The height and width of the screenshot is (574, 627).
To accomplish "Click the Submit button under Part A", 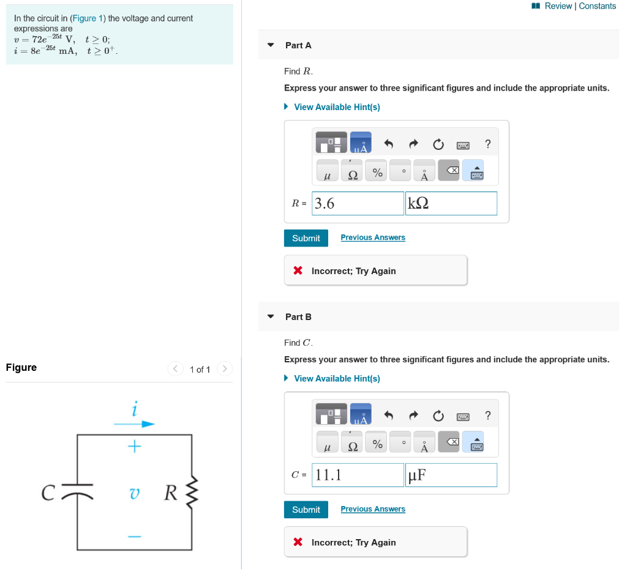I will (x=306, y=238).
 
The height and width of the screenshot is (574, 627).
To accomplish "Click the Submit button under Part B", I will (x=306, y=510).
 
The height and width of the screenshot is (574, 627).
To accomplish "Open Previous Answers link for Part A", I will (x=373, y=237).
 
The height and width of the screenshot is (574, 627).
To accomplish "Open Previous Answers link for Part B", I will (x=373, y=509).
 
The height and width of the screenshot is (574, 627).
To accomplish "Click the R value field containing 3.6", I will (x=358, y=204).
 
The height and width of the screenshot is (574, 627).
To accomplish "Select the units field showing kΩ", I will (x=451, y=204).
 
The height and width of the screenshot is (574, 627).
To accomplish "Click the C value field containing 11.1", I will (x=358, y=475).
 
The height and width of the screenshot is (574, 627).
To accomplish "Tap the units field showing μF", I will (x=451, y=475).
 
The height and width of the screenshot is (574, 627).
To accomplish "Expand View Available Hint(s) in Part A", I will (x=336, y=107).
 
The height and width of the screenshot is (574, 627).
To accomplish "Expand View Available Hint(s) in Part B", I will (x=336, y=379).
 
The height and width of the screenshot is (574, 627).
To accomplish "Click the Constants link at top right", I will (x=597, y=6).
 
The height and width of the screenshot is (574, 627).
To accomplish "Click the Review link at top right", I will (x=558, y=6).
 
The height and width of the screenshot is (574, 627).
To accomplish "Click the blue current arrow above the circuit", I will (x=134, y=423).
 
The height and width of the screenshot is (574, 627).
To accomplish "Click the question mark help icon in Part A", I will (x=487, y=144).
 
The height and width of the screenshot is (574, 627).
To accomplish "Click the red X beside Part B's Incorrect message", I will (x=298, y=542).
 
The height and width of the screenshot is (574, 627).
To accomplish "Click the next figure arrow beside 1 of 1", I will (x=225, y=368).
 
